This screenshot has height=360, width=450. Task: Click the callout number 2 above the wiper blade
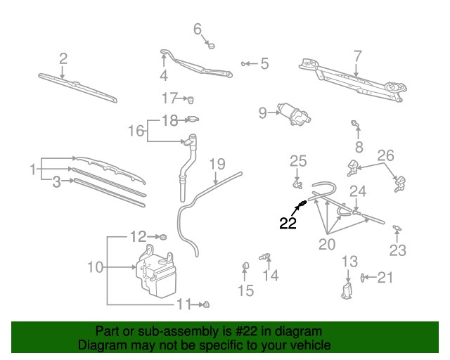(x=63, y=58)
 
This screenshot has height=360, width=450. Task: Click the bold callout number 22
(x=288, y=224)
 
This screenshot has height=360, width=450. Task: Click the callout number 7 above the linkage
(x=357, y=55)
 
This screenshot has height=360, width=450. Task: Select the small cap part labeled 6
(x=210, y=46)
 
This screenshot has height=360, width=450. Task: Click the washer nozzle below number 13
(x=347, y=291)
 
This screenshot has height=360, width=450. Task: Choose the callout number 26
(x=386, y=155)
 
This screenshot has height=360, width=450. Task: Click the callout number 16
(x=135, y=131)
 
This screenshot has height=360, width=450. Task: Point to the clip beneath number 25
(x=299, y=186)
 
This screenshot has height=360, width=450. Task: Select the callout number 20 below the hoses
(x=327, y=245)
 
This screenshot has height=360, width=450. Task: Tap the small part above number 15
(x=246, y=265)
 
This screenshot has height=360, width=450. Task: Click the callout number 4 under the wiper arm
(x=163, y=76)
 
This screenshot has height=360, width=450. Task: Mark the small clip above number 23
(x=398, y=227)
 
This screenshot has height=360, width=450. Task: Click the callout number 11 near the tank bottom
(x=183, y=304)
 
